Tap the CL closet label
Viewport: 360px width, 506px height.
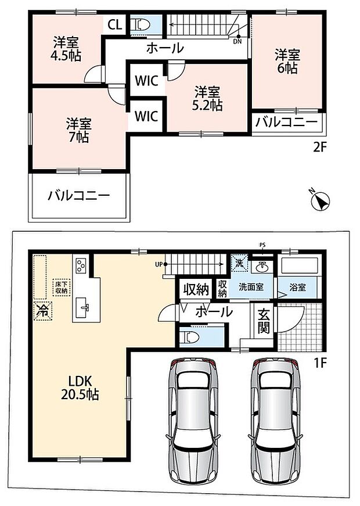[115, 24]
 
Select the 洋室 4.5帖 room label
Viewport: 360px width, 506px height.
[66, 49]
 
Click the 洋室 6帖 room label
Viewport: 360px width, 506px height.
[287, 62]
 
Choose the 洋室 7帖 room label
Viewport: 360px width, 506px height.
[79, 130]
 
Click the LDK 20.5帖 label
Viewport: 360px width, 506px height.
[80, 388]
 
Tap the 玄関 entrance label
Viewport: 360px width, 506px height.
[264, 322]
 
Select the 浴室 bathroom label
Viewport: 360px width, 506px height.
[297, 287]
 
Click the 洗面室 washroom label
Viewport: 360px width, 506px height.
[251, 286]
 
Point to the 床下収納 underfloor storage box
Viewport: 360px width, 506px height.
[62, 287]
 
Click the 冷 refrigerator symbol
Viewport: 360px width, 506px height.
[43, 311]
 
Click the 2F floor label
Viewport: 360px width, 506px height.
[321, 148]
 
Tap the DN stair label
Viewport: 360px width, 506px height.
[237, 41]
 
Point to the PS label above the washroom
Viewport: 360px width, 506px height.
[262, 245]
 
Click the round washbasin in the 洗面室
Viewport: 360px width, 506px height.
[262, 267]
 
